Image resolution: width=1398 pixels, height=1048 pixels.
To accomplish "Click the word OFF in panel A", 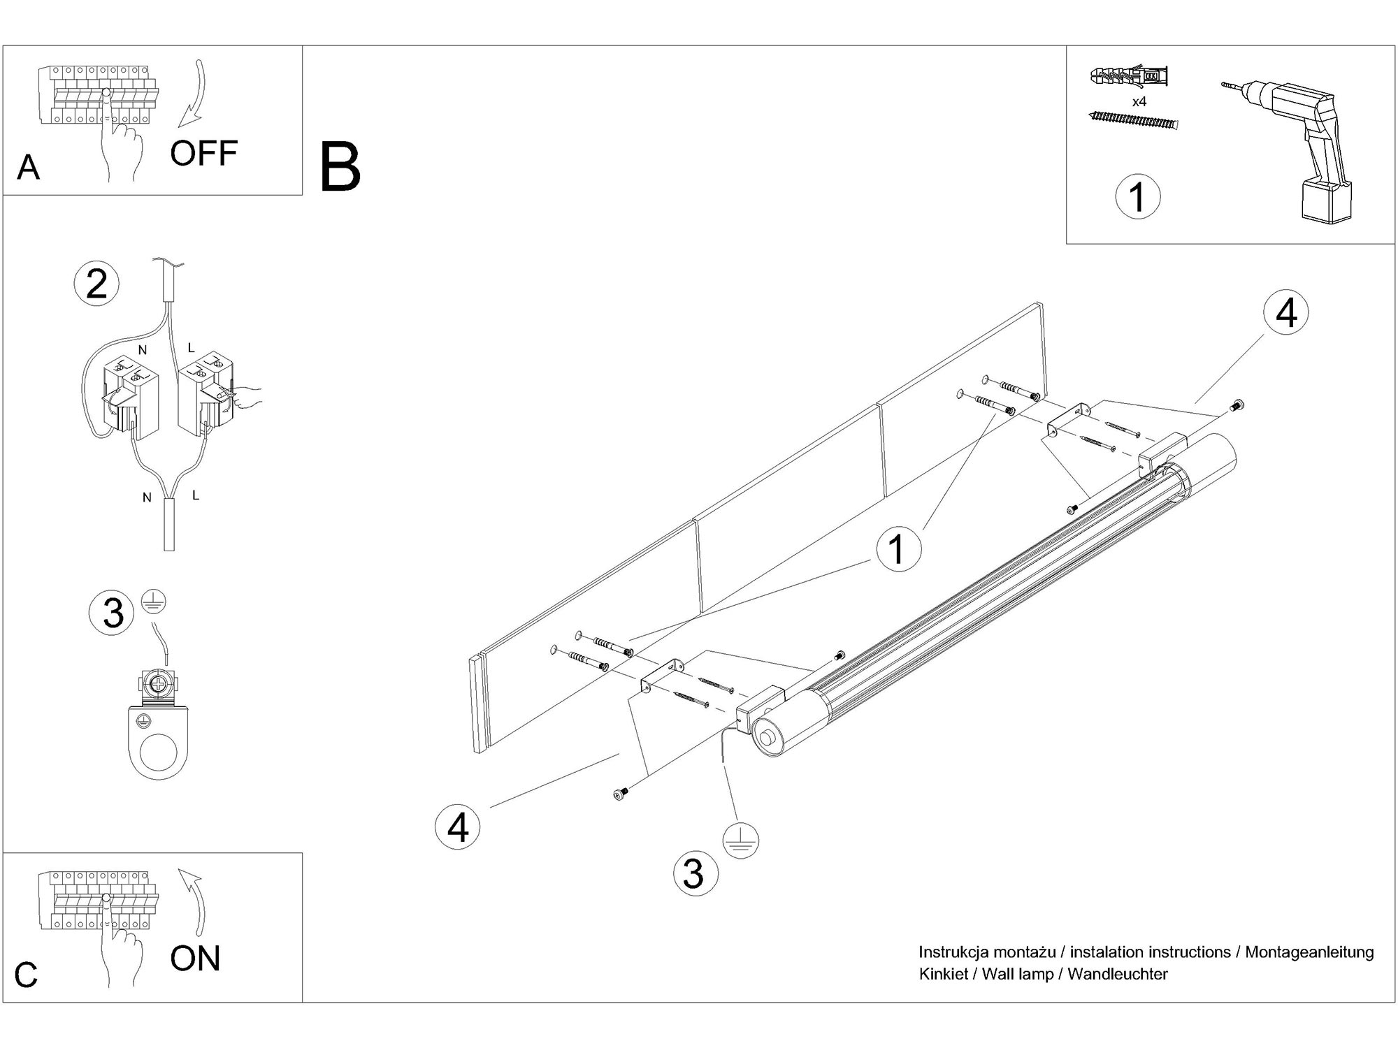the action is tap(203, 153).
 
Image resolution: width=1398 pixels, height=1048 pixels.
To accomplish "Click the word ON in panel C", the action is tap(195, 958).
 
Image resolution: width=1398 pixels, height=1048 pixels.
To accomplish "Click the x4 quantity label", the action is tap(1139, 102).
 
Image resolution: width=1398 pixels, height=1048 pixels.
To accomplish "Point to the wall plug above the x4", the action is tap(1129, 77).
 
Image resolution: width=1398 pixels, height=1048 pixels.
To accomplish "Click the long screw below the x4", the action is tap(1133, 121).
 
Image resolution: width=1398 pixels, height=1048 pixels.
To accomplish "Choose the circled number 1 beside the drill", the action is tap(1137, 196).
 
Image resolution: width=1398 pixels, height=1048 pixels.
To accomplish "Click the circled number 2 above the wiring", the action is tap(96, 284).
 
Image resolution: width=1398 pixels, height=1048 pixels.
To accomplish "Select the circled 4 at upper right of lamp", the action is tap(1286, 312).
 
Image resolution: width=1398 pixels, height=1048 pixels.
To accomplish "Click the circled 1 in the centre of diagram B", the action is tap(898, 549).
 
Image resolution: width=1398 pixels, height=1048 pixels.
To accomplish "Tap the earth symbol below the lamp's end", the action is tap(742, 840).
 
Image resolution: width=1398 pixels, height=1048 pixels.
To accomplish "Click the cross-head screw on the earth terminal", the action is tap(159, 685).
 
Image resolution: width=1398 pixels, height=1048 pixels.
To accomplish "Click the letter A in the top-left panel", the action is tap(28, 168).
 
